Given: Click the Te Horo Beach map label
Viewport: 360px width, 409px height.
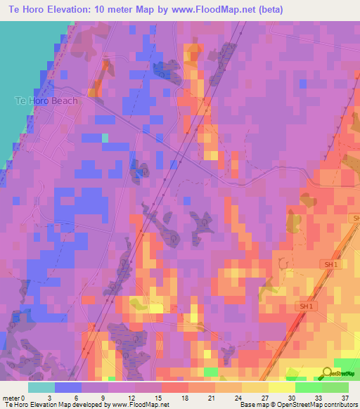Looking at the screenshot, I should coord(46,100).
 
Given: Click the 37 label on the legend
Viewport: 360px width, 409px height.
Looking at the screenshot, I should coord(345,397).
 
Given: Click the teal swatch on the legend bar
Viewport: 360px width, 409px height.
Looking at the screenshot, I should coord(41,387).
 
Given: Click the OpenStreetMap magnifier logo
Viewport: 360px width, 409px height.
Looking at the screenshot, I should coord(327,372).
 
